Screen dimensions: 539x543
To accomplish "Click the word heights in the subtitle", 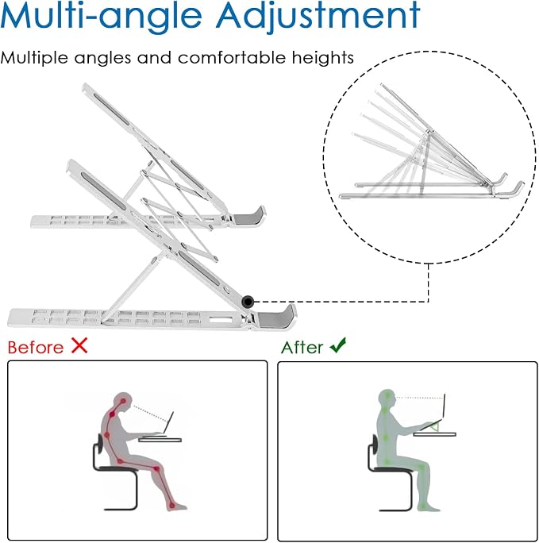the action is click(x=322, y=57).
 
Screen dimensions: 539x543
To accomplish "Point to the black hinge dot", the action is click(x=248, y=302).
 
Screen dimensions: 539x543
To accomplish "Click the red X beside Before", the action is click(x=79, y=345).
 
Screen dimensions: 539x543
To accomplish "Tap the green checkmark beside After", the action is click(x=338, y=345).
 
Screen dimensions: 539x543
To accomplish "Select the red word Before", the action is click(x=36, y=348).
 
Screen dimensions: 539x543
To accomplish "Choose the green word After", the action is click(x=302, y=348).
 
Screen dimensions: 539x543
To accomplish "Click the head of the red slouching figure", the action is click(x=123, y=402).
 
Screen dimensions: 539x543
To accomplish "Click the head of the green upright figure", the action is click(x=387, y=399).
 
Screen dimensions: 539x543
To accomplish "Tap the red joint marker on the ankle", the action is click(x=172, y=506).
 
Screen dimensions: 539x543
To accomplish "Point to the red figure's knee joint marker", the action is click(x=156, y=469).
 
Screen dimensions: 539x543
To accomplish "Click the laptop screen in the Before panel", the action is click(x=169, y=422).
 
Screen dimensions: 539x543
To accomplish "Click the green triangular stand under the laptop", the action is click(x=435, y=426).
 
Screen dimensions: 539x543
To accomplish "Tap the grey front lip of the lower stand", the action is click(x=277, y=317).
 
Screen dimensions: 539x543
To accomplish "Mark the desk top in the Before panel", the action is click(x=160, y=440).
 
